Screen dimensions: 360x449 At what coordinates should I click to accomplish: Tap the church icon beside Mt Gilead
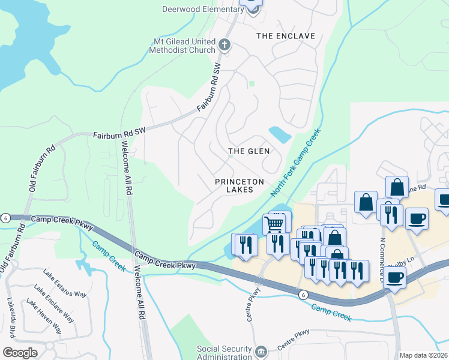pos(224,44)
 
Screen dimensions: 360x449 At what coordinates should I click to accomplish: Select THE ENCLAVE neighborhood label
pos(286,36)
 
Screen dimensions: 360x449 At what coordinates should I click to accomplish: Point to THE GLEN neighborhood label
pos(249,151)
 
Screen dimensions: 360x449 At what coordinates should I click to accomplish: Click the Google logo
pos(20,353)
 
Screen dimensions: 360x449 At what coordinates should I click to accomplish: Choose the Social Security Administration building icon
pos(260,351)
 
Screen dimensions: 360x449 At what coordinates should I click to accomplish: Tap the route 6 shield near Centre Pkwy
pos(304,294)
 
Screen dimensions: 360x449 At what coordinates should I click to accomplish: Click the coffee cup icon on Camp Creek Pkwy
pos(395,277)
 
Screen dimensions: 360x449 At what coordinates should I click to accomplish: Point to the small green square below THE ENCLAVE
pos(252,83)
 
